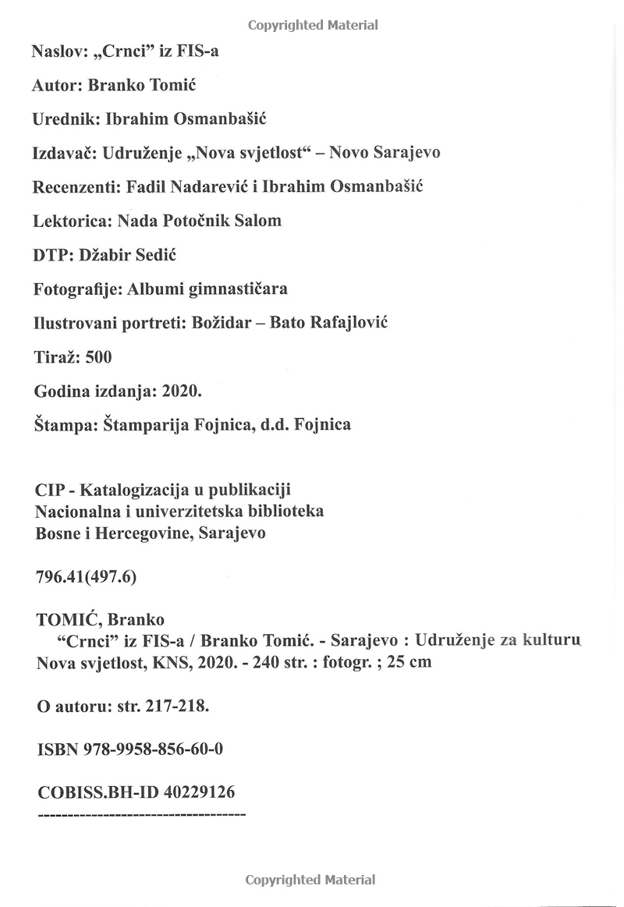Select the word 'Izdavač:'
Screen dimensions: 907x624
tap(65, 152)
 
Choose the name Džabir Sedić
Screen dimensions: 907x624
tap(122, 254)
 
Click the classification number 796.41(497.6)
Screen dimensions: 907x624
tap(87, 576)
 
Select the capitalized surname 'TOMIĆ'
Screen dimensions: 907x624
tap(69, 620)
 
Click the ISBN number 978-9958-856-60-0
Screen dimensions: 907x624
tap(154, 749)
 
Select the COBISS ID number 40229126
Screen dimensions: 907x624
tap(199, 792)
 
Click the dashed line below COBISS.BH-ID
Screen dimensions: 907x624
tap(141, 814)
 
